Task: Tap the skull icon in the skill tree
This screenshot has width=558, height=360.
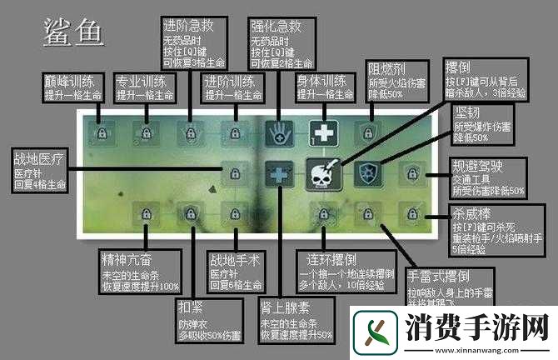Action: point(321,172)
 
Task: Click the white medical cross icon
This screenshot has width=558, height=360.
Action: point(321,132)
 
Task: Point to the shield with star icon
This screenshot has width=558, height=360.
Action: point(365,172)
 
